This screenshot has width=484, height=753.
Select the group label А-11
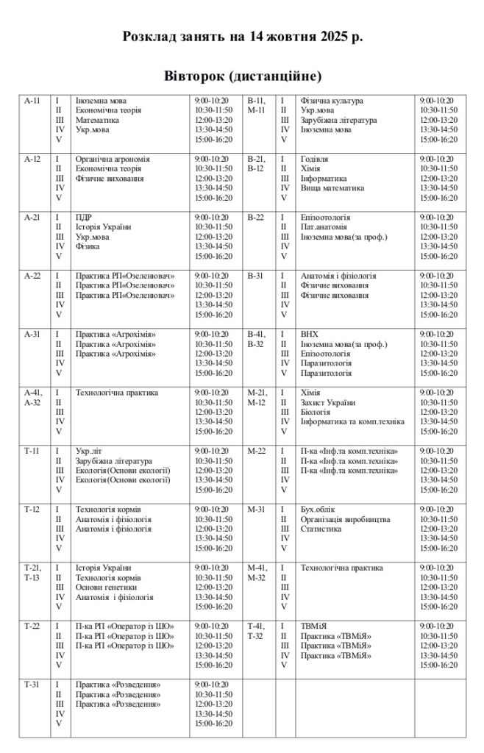pyautogui.click(x=32, y=101)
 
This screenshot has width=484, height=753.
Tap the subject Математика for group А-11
pyautogui.click(x=97, y=120)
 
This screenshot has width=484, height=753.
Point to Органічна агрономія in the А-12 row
pyautogui.click(x=113, y=159)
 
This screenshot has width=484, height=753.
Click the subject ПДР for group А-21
pyautogui.click(x=83, y=218)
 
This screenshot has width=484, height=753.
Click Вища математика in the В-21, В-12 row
pyautogui.click(x=332, y=188)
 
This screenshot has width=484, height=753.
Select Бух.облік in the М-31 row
pyautogui.click(x=318, y=510)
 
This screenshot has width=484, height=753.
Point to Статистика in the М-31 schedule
pyautogui.click(x=321, y=529)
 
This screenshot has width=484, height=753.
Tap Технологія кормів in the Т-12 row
pyautogui.click(x=108, y=510)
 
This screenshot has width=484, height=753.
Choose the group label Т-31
pyautogui.click(x=32, y=685)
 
